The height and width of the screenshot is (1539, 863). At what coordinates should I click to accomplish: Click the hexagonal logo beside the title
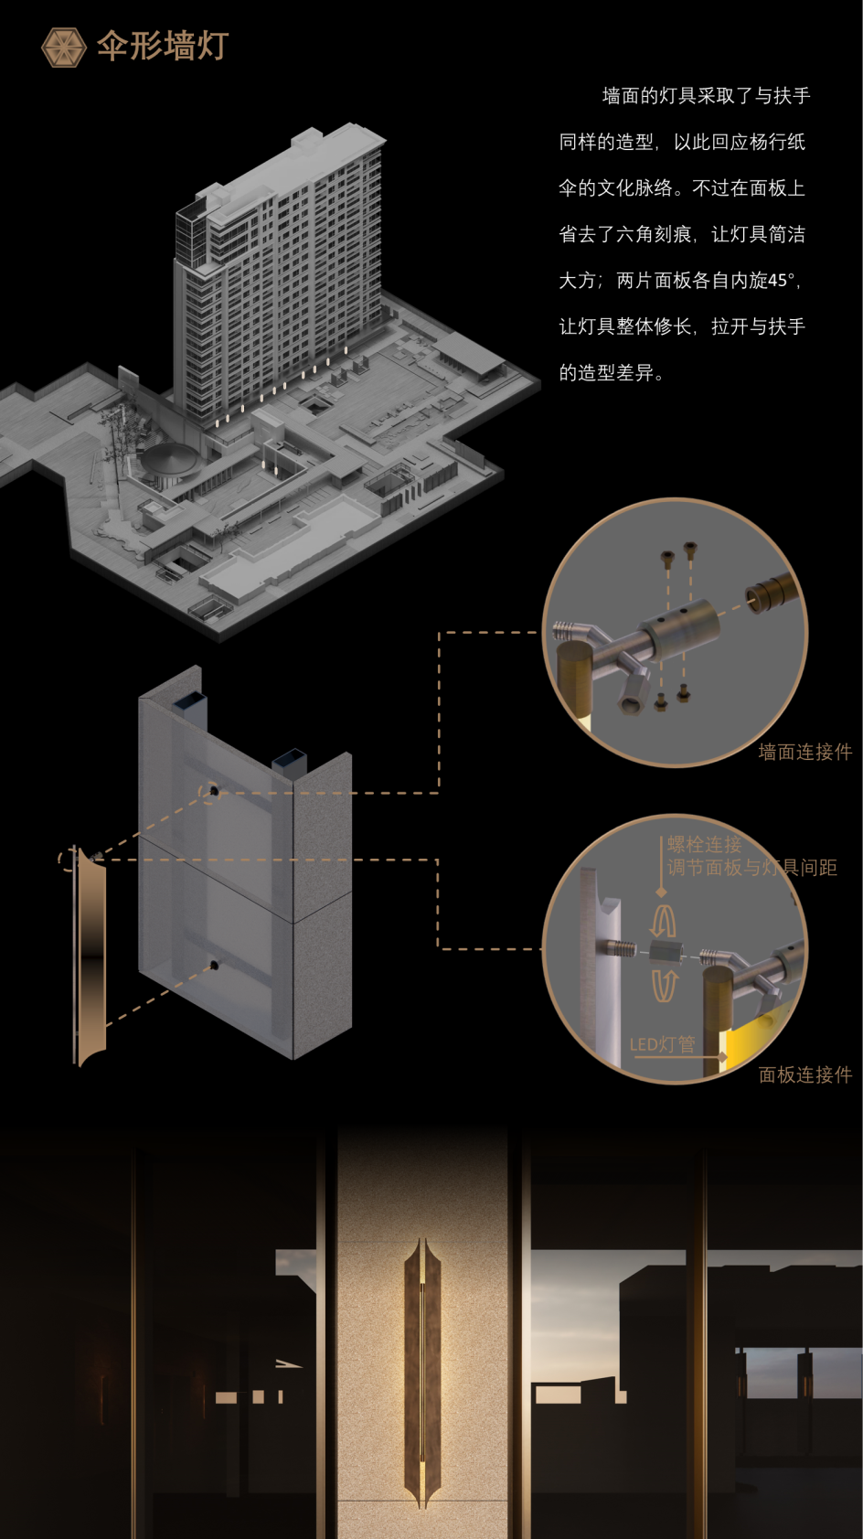64,48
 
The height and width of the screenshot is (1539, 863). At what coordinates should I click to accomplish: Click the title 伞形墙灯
163,46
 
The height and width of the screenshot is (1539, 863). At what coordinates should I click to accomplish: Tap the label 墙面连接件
804,753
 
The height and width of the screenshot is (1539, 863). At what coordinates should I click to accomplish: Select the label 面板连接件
804,1074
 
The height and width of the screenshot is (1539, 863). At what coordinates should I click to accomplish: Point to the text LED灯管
663,1044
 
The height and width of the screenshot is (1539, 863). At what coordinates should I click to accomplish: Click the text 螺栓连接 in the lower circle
704,844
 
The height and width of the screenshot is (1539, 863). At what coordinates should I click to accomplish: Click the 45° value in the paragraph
782,281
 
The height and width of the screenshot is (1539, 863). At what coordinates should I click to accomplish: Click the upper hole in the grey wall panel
214,792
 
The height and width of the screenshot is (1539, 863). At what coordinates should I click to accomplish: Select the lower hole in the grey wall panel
214,966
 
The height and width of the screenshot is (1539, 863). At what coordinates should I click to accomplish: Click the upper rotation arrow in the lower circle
663,921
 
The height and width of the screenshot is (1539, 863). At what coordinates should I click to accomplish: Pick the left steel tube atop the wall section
189,708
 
